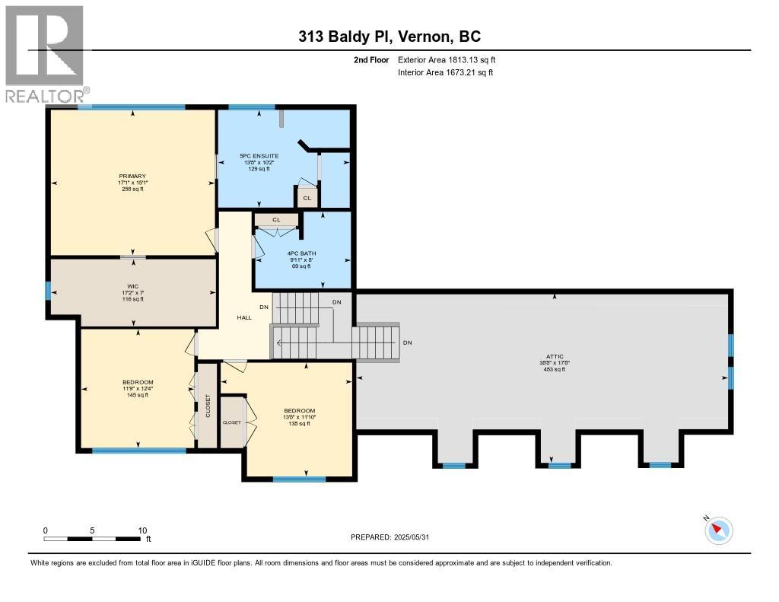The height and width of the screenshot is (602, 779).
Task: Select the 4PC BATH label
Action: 302,253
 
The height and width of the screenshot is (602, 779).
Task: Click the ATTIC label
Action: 553,355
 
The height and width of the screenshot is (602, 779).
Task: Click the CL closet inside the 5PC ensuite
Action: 307,198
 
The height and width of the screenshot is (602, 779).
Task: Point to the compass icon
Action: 719,530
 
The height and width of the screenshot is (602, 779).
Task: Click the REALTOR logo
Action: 45,53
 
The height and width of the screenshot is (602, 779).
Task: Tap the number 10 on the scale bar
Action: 142,530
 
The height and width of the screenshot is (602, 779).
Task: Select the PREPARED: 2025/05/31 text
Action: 395,537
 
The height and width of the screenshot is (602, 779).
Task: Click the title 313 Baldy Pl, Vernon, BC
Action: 389,37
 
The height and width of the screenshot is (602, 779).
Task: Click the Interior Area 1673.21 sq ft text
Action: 447,72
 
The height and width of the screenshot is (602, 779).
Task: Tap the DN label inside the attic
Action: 408,342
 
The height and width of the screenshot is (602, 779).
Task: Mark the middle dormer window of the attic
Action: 559,464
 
